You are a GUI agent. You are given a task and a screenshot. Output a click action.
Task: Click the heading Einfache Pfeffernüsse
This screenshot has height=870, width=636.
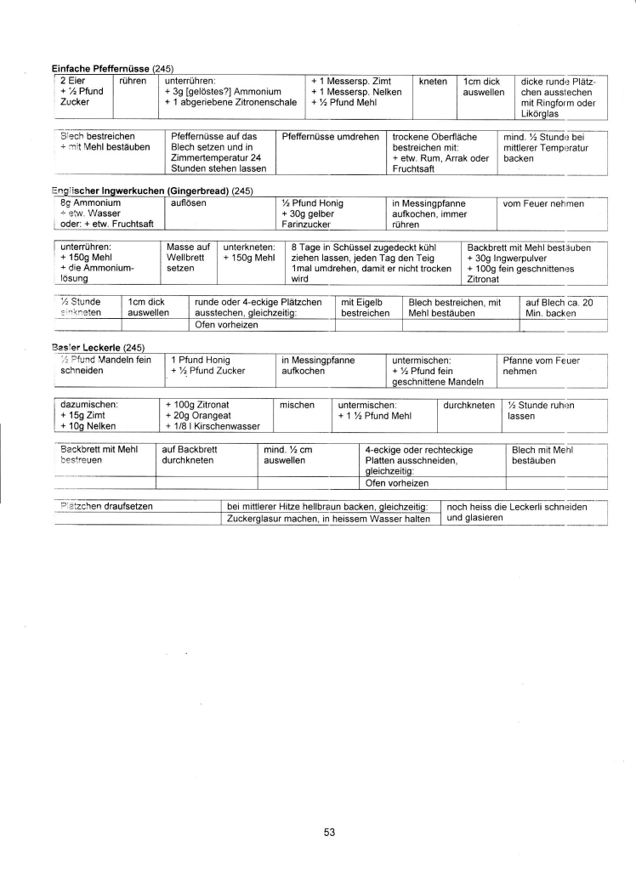(100, 68)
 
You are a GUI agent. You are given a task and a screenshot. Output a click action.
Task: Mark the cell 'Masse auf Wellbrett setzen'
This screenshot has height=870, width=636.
(187, 258)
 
